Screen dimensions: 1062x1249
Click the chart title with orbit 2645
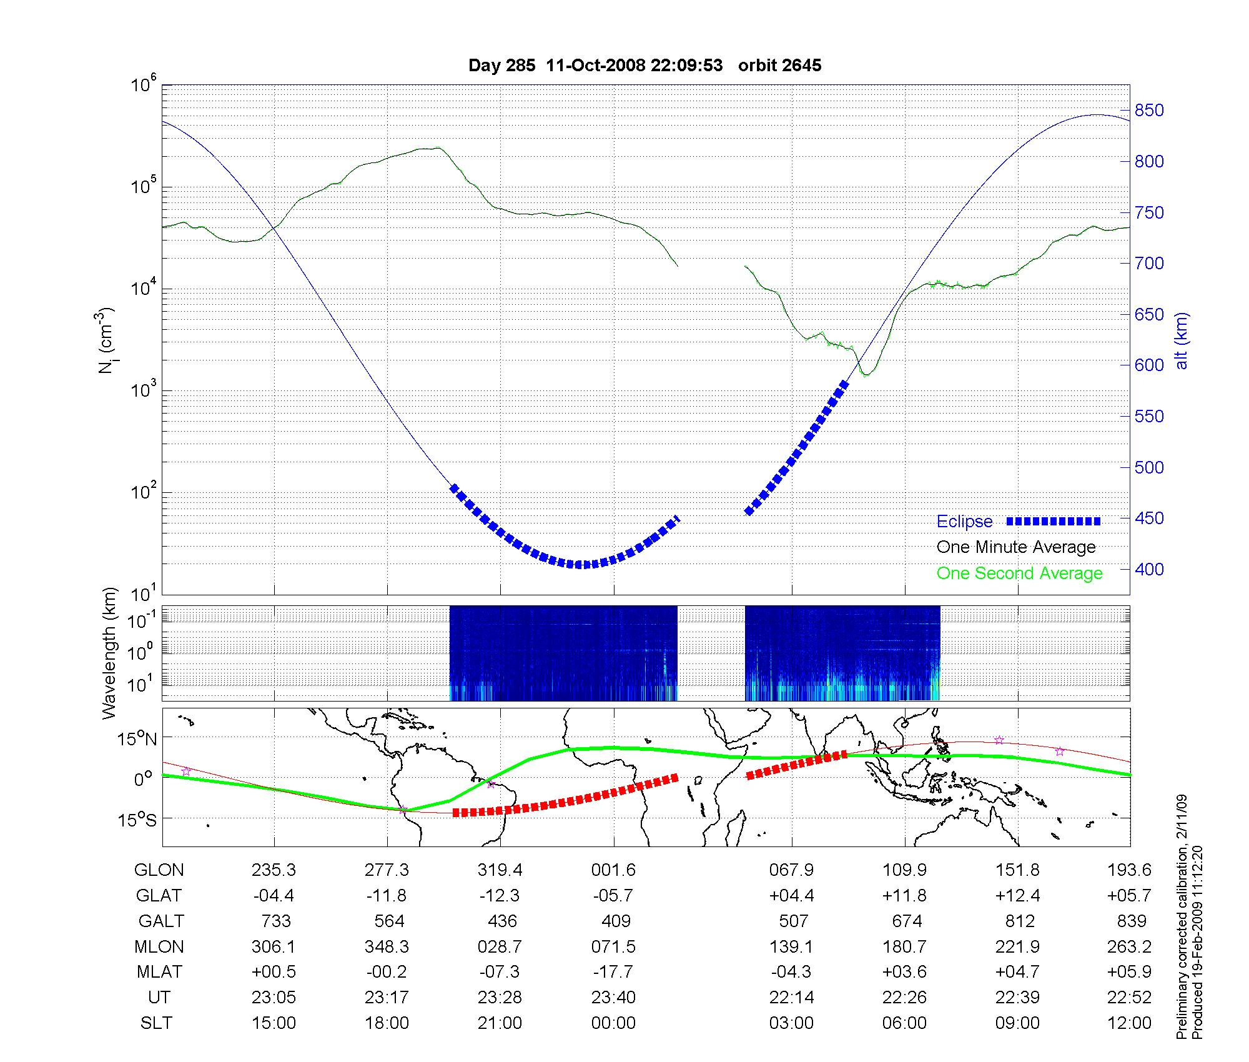644,65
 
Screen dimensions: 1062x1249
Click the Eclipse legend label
964,522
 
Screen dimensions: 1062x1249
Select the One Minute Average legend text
1016,547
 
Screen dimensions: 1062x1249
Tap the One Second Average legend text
1019,573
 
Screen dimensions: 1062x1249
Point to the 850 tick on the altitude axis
1149,111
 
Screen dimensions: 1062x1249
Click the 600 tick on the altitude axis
1149,365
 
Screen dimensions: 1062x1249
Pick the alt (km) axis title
1182,340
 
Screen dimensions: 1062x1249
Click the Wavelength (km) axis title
109,653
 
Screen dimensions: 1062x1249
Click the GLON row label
159,870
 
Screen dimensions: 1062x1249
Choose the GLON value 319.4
500,870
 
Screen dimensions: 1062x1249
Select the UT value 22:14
791,998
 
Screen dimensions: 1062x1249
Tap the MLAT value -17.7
613,972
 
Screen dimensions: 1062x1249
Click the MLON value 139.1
791,946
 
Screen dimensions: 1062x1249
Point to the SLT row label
156,1023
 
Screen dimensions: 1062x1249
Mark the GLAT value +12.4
1018,896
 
